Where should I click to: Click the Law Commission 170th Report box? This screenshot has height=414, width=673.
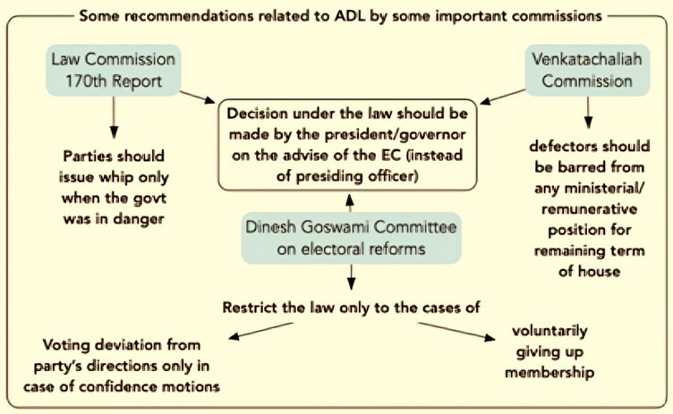114,70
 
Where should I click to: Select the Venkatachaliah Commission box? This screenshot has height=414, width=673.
587,70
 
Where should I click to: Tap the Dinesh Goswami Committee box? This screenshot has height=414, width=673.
351,238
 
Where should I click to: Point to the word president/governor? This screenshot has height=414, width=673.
395,134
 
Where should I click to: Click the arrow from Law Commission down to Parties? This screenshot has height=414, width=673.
114,117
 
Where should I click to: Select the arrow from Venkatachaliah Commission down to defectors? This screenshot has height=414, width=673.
589,113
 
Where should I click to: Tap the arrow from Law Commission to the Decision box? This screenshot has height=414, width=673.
197,97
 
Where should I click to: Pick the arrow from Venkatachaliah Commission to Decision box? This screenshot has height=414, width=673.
503,97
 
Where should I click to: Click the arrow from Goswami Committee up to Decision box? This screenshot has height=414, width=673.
350,203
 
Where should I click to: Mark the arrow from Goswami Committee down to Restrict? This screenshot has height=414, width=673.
351,276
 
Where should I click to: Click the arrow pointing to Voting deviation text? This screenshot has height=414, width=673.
260,331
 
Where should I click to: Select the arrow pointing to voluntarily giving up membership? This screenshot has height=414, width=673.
456,332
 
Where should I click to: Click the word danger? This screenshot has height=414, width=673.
139,219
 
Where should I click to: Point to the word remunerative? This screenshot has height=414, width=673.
589,209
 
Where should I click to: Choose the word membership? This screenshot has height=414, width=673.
549,372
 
